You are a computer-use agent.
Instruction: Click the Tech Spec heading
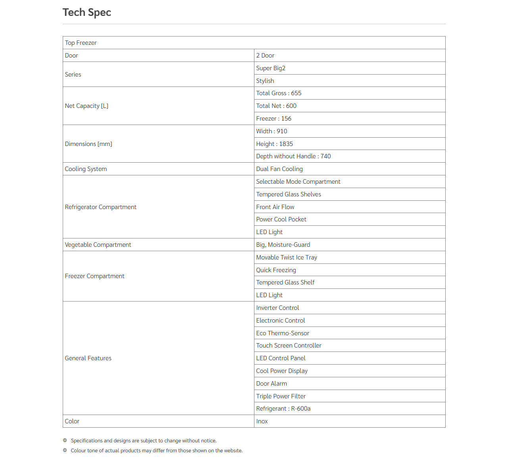click(x=87, y=13)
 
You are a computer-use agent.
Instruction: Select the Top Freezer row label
click(x=81, y=43)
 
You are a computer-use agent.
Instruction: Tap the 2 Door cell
click(x=265, y=56)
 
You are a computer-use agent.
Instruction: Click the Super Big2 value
click(x=271, y=68)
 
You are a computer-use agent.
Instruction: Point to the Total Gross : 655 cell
click(x=279, y=93)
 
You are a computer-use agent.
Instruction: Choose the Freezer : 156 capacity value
click(x=273, y=119)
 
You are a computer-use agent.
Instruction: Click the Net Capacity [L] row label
click(x=87, y=106)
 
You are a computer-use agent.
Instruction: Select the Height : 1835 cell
click(x=274, y=144)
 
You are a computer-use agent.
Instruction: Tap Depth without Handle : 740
click(x=293, y=156)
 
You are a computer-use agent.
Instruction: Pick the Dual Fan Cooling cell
click(x=279, y=169)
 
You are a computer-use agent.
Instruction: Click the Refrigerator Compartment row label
click(x=100, y=207)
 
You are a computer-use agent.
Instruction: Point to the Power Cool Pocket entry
click(x=281, y=219)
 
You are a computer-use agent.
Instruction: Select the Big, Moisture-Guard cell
click(x=283, y=245)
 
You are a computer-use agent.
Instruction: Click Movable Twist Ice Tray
click(x=287, y=257)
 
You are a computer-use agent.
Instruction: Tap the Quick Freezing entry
click(x=276, y=270)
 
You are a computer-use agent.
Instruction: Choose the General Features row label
click(x=88, y=358)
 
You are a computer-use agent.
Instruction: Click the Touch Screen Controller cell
click(x=289, y=346)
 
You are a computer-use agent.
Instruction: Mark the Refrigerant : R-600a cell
click(x=283, y=409)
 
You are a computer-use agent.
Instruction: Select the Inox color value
click(x=262, y=421)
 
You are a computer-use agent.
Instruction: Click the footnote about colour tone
click(x=156, y=451)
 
